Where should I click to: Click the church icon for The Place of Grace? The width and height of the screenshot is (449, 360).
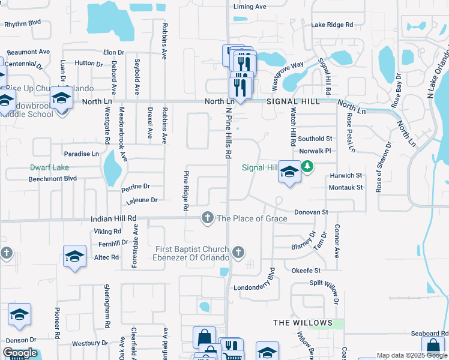pyautogui.click(x=208, y=218)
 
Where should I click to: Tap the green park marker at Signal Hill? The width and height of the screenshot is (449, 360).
pyautogui.click(x=307, y=166)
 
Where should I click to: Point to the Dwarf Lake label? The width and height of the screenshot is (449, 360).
pyautogui.click(x=50, y=167)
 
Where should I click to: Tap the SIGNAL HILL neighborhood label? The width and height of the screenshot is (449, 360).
pyautogui.click(x=293, y=101)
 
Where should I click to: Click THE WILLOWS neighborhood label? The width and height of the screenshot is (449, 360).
pyautogui.click(x=303, y=323)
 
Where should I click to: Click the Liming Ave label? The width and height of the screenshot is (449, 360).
pyautogui.click(x=250, y=7)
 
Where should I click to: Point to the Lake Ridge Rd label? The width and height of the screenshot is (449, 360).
pyautogui.click(x=332, y=25)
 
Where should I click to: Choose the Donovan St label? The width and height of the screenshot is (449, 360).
pyautogui.click(x=311, y=212)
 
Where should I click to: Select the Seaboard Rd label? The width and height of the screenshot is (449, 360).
pyautogui.click(x=429, y=334)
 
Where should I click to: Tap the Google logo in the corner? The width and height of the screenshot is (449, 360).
pyautogui.click(x=20, y=353)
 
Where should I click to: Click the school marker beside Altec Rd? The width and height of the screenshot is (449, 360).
pyautogui.click(x=75, y=256)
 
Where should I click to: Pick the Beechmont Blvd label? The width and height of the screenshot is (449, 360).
pyautogui.click(x=53, y=179)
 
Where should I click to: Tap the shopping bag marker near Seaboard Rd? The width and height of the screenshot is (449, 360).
pyautogui.click(x=433, y=347)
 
